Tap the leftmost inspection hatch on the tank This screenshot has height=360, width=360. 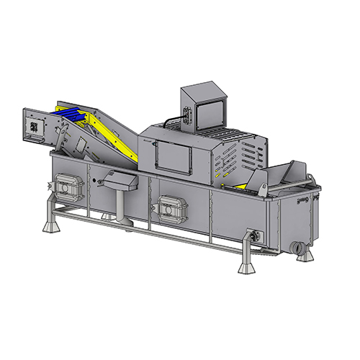pyautogui.click(x=68, y=188)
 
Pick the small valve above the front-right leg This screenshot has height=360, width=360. pyautogui.click(x=253, y=235)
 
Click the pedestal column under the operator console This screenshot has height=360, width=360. pyautogui.click(x=120, y=204)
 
